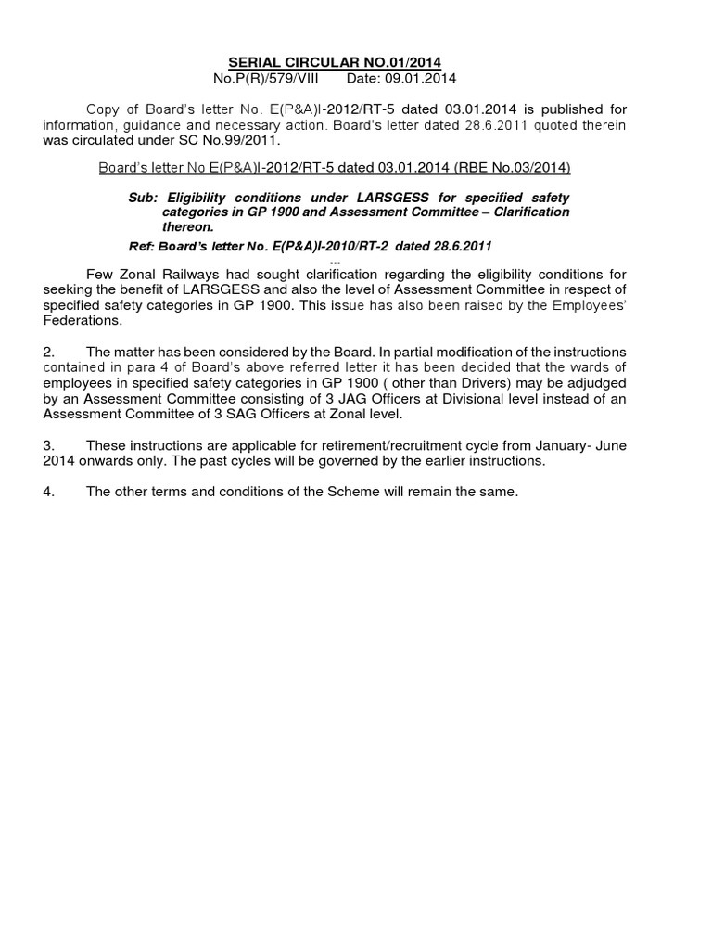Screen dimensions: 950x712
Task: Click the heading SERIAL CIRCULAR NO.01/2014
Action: click(335, 62)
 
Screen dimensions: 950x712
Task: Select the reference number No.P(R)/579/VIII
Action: click(265, 78)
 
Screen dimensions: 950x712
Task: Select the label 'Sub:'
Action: click(144, 198)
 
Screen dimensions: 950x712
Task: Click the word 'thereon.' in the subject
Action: click(188, 226)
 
